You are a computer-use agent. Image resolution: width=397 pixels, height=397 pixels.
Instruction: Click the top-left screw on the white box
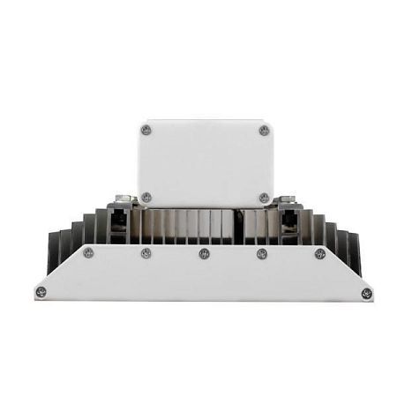point(146,130)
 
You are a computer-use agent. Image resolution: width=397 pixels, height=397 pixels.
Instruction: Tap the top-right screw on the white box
point(264,131)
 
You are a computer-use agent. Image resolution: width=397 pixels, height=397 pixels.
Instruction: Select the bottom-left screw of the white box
point(146,198)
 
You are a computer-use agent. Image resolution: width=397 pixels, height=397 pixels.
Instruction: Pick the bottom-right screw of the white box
point(264,198)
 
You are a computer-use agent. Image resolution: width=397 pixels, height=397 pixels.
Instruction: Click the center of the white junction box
point(205,163)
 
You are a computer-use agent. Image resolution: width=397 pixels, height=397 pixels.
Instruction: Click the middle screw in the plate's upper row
point(204,254)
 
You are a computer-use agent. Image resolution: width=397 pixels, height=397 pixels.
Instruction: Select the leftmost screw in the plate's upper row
point(88,253)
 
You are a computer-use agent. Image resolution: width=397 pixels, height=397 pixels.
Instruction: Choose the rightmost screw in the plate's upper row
point(320,253)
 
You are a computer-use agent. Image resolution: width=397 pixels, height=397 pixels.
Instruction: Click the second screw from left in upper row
point(146,253)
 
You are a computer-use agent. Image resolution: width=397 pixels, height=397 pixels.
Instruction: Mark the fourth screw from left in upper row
point(262,254)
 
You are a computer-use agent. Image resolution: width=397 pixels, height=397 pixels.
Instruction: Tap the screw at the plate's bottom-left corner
point(40,292)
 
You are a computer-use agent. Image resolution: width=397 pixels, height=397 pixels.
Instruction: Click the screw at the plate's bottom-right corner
point(366,293)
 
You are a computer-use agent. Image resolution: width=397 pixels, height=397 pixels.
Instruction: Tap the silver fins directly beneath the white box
point(205,226)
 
